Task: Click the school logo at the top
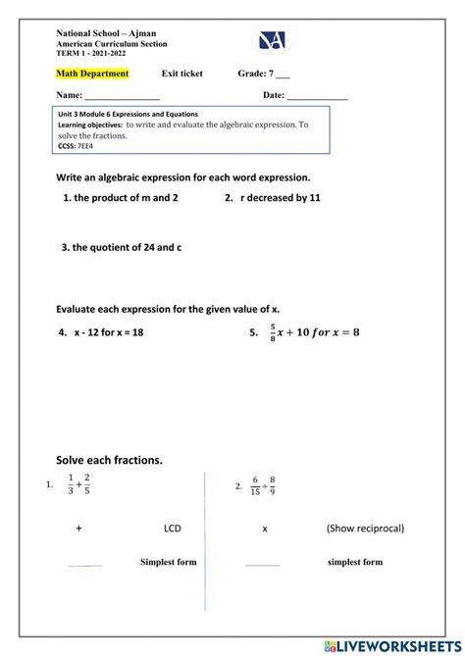tap(273, 40)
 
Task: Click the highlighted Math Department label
tap(92, 74)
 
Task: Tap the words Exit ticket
tap(182, 74)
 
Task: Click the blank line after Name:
tap(122, 97)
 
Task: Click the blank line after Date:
tap(317, 97)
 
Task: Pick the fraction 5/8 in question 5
tap(273, 332)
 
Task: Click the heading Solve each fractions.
tap(109, 460)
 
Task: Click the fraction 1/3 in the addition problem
tap(71, 485)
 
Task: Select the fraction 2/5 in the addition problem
tap(88, 485)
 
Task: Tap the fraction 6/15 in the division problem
tap(255, 485)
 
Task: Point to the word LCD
tap(173, 529)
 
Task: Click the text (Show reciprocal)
tap(366, 529)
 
